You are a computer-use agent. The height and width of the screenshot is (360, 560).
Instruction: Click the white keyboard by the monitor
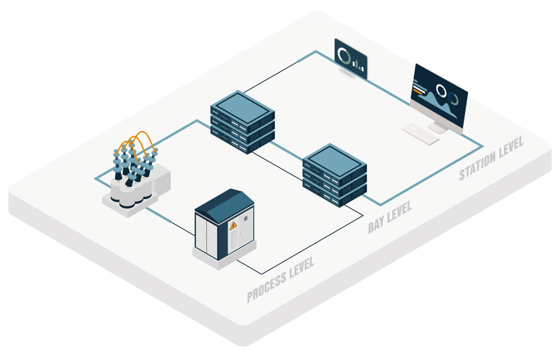(420, 134)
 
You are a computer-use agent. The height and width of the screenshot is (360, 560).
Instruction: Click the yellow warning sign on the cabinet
(232, 227)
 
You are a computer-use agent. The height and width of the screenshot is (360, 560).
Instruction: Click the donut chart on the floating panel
(344, 55)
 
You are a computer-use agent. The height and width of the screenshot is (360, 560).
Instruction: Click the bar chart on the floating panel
(358, 64)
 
